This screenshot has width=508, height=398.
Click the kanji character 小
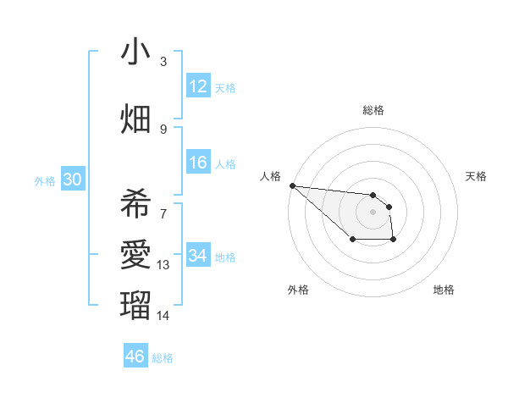pyautogui.click(x=135, y=52)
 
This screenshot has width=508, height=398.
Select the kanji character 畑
pyautogui.click(x=135, y=119)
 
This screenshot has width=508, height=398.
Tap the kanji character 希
pyautogui.click(x=135, y=204)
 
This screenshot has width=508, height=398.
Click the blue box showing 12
pyautogui.click(x=198, y=86)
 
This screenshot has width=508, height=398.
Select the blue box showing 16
pyautogui.click(x=198, y=163)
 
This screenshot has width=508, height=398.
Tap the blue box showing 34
pyautogui.click(x=198, y=256)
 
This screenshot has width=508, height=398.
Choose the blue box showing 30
pyautogui.click(x=72, y=180)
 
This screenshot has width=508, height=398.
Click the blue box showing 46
pyautogui.click(x=135, y=357)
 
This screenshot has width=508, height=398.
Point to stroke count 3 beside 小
pyautogui.click(x=163, y=62)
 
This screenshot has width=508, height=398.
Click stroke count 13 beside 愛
pyautogui.click(x=163, y=265)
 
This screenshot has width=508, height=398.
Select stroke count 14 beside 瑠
pyautogui.click(x=163, y=316)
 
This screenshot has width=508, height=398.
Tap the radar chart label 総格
pyautogui.click(x=373, y=110)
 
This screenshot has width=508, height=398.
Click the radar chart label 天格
pyautogui.click(x=477, y=176)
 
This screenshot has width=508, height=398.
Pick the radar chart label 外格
pyautogui.click(x=298, y=290)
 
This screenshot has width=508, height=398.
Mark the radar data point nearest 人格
pyautogui.click(x=292, y=185)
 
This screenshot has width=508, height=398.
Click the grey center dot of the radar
pyautogui.click(x=373, y=212)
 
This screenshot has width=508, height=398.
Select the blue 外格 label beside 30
pyautogui.click(x=44, y=180)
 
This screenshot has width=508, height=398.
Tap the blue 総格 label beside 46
pyautogui.click(x=163, y=358)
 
